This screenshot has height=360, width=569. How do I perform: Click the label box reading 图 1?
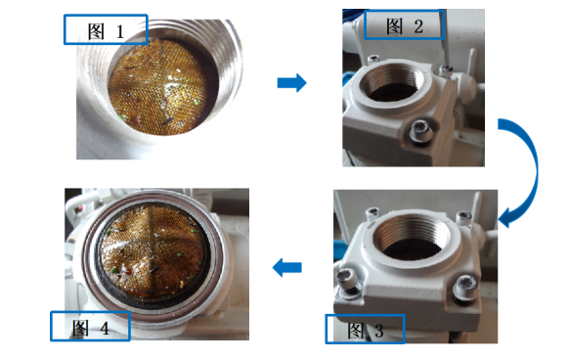106,29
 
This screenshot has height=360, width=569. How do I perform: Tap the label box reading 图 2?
404,24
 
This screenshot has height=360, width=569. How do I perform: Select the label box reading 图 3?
365,329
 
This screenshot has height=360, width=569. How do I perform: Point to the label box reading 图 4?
90,326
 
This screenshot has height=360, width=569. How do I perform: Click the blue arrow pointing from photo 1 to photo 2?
291,83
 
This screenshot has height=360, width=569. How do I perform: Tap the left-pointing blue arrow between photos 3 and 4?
286,267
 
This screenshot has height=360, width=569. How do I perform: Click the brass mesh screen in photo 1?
158,86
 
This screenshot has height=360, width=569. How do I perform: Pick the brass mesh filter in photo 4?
153,250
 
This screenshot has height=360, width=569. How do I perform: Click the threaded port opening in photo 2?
392,84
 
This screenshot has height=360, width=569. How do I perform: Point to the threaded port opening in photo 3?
413,237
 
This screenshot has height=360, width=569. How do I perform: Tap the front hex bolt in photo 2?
421,131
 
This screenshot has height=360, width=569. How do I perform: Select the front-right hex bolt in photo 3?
465,287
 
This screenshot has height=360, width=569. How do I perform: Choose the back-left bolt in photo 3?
372,213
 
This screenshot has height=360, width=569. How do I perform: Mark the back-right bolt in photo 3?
463,217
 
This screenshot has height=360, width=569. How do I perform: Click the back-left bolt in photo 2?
373,59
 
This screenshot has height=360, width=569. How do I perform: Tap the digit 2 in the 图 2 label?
418,26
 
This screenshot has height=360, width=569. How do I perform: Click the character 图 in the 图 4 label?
80,328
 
